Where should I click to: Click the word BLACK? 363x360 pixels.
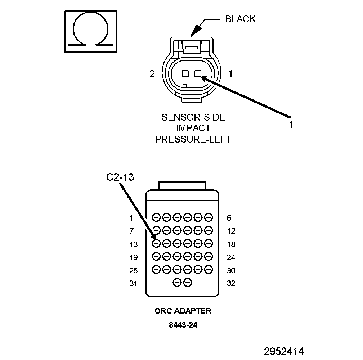point(240,19)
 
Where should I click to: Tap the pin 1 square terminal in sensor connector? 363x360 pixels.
point(198,73)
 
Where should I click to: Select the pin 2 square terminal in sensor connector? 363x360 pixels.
point(185,73)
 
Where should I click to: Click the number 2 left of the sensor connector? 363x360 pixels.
point(152,74)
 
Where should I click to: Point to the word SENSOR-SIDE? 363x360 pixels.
point(193,117)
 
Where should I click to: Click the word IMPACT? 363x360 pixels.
point(193,128)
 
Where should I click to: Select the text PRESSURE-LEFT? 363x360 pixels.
point(193,139)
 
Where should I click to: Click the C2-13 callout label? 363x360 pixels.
point(120,177)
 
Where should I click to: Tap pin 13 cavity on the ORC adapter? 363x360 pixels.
point(156,243)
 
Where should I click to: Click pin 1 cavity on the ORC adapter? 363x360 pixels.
point(156,217)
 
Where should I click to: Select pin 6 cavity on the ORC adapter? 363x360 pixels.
point(209,217)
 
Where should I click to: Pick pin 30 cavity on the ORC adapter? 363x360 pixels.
point(209,269)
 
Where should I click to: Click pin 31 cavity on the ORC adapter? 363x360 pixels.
point(177,283)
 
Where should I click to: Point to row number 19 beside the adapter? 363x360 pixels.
point(133,257)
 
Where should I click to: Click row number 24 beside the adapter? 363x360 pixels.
point(231,257)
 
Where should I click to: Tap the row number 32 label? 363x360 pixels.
point(231,283)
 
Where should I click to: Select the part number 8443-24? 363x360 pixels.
point(183,325)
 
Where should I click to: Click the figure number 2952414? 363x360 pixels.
point(284,351)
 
